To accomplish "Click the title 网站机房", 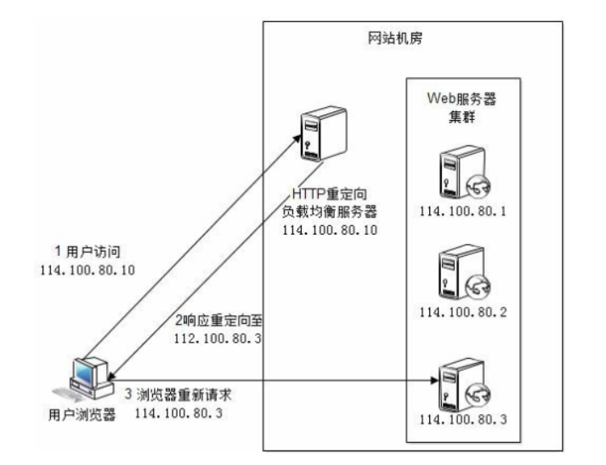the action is coord(394,38).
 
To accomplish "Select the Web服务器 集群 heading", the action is coord(462,107).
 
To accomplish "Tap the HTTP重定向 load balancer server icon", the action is coord(324,133).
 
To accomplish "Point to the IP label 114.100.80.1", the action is coord(462,212).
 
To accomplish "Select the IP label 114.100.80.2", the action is coord(463,312).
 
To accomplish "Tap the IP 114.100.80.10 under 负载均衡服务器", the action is coord(330,230).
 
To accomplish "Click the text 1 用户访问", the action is coord(88,252).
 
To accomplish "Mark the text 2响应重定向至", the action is coord(218,320).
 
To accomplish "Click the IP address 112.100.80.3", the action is coord(218,338).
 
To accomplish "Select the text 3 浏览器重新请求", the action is coord(178,394).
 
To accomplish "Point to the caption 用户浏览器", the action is coord(82,415).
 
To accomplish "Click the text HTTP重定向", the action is coord(329,194).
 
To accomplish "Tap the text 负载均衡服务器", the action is coord(329,212).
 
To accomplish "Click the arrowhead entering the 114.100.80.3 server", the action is coord(434,380).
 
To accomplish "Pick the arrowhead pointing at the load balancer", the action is coord(297,138).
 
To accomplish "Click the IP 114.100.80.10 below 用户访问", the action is coord(88,270).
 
